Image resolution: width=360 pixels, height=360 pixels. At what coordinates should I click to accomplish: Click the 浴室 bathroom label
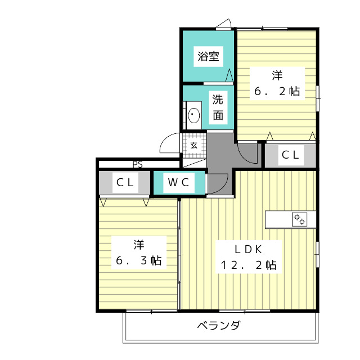208,56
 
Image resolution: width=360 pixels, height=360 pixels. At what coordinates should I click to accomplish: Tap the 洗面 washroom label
218,108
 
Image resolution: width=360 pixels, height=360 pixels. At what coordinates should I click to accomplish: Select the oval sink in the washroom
193,115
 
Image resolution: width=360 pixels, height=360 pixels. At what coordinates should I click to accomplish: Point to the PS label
138,165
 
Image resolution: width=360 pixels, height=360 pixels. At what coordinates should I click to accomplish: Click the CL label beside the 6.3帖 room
125,182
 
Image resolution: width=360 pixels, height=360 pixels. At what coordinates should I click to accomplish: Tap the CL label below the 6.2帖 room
290,155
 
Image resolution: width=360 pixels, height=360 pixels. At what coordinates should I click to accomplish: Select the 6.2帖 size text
277,92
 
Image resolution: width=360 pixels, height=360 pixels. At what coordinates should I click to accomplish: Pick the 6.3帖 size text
138,261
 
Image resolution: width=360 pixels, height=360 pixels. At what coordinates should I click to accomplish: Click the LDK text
249,248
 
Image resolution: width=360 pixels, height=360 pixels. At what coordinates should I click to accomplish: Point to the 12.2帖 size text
249,265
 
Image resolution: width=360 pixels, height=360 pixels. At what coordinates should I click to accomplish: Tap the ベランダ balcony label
219,326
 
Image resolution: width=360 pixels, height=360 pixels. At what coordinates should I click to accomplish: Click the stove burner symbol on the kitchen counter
299,219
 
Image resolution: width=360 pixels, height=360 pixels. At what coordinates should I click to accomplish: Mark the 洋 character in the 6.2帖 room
277,75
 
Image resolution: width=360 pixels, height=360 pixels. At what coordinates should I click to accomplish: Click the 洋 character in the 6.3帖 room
138,245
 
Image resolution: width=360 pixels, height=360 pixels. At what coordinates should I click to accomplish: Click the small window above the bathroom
224,24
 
